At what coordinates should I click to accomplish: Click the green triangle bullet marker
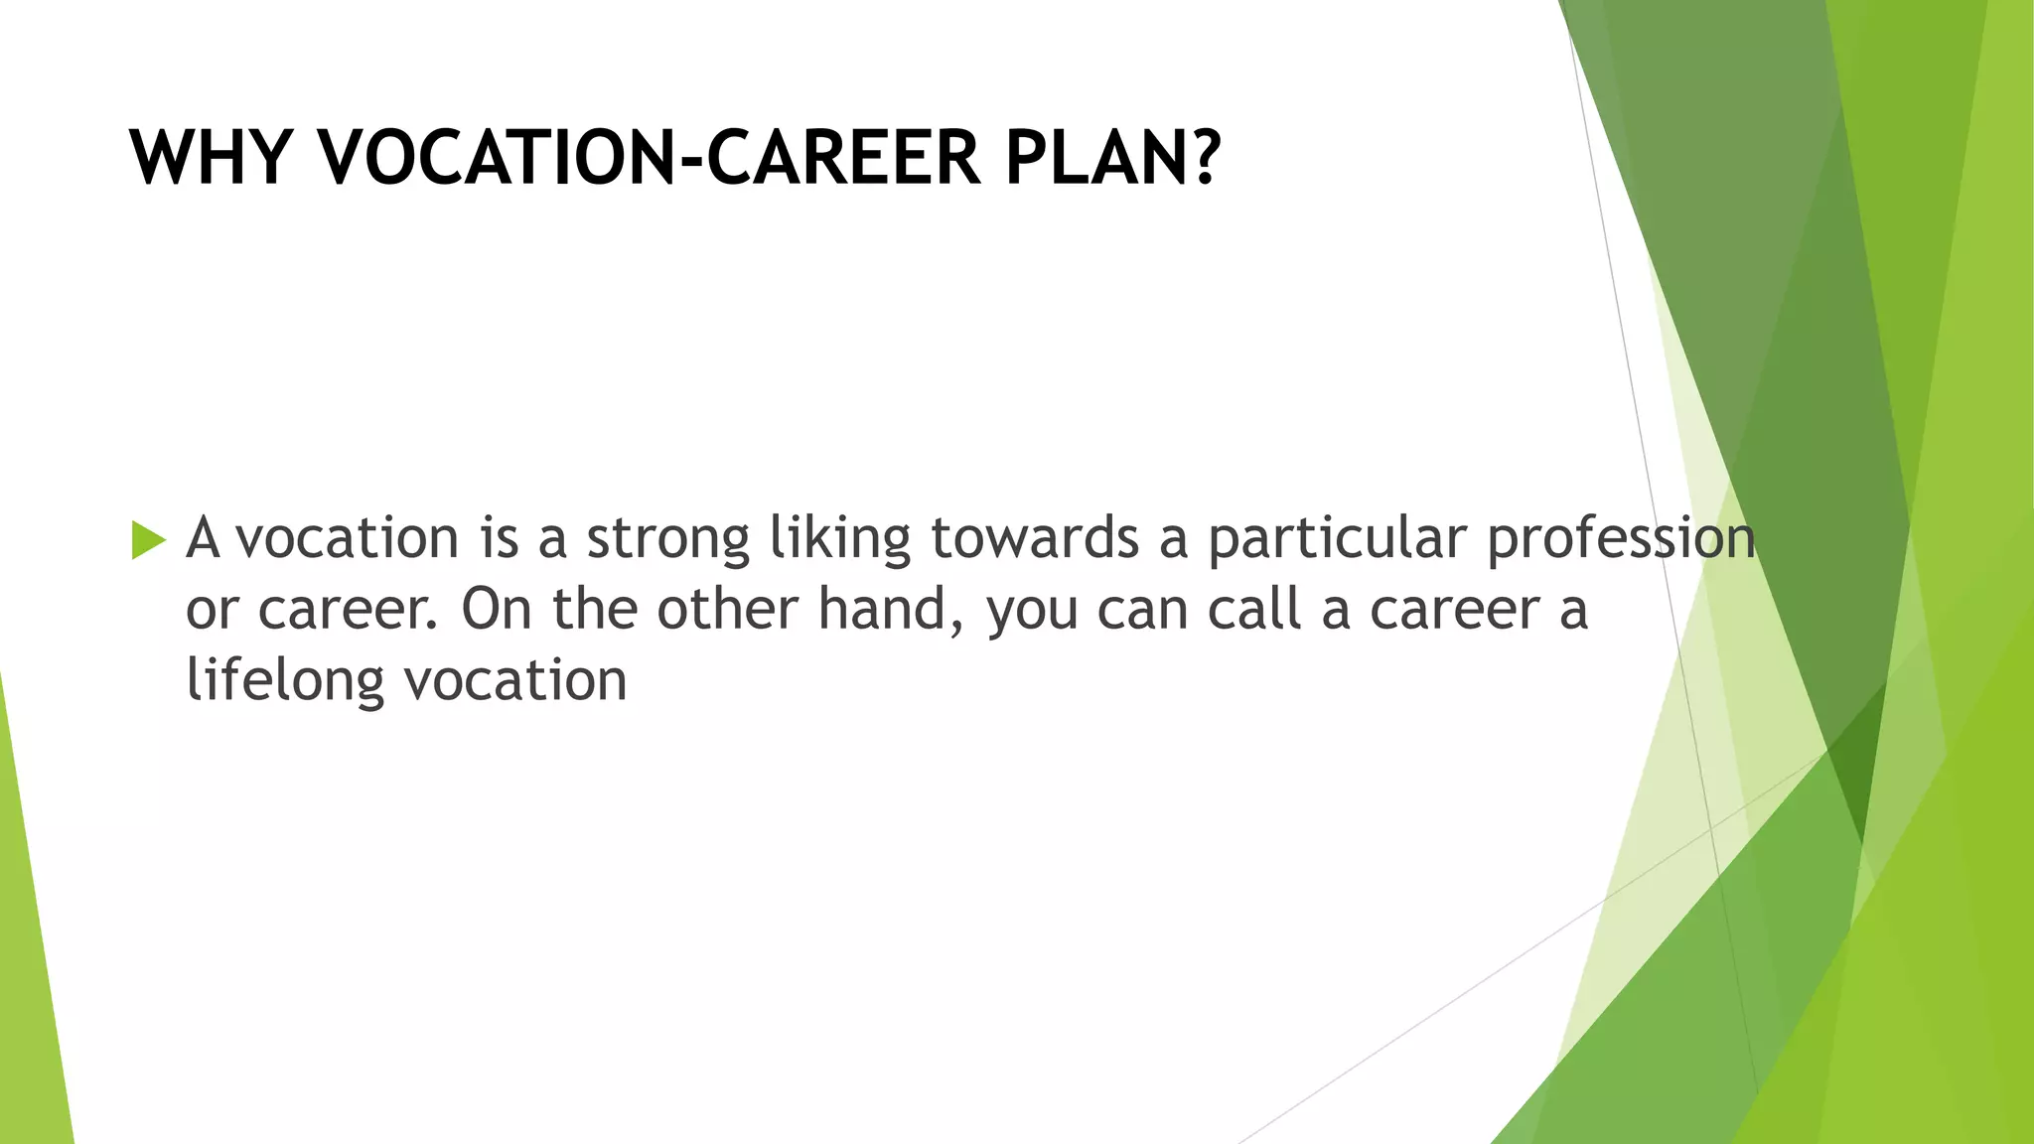pyautogui.click(x=148, y=540)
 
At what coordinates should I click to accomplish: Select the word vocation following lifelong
pyautogui.click(x=515, y=681)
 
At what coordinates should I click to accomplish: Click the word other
pyautogui.click(x=728, y=610)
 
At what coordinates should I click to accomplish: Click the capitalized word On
pyautogui.click(x=497, y=610)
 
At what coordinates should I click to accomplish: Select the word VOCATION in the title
pyautogui.click(x=497, y=159)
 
